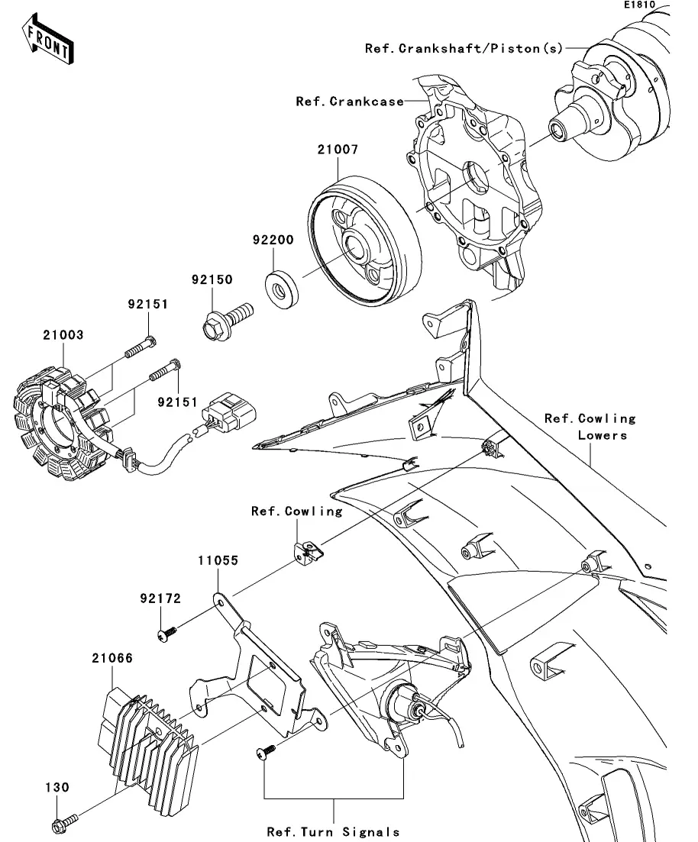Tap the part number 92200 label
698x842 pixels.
tap(272, 239)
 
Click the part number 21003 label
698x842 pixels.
tap(63, 334)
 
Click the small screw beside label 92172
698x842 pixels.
tap(167, 633)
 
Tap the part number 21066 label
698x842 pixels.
tap(113, 657)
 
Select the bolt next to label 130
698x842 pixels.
tap(64, 824)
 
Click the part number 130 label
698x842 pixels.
tap(57, 787)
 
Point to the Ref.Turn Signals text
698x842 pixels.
tap(333, 831)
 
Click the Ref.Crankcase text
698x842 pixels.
tap(350, 102)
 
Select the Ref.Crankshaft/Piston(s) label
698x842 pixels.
tap(464, 48)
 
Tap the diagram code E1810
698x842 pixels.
tap(641, 5)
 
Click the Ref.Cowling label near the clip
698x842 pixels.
tap(296, 511)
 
